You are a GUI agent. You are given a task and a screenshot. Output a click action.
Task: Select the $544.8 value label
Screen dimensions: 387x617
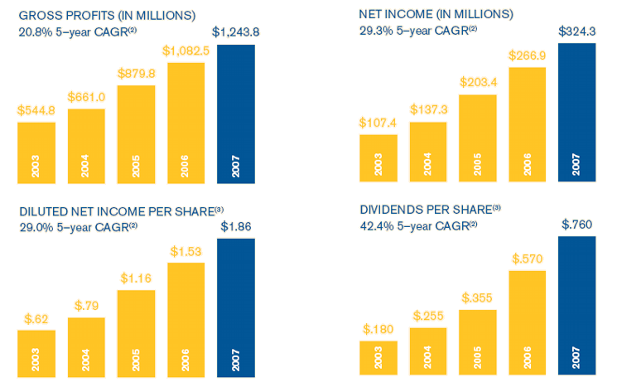pos(36,110)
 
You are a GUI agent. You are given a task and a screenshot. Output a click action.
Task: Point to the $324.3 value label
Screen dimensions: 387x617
pos(577,31)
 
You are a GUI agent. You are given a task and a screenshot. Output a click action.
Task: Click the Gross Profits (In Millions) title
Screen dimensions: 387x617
pos(107,15)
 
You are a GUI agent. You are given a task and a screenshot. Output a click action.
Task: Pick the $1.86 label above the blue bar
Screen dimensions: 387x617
pos(236,226)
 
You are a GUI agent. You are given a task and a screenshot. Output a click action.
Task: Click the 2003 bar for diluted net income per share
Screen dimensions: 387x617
pos(36,352)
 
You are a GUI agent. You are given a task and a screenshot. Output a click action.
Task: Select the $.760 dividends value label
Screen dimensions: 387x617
pos(577,225)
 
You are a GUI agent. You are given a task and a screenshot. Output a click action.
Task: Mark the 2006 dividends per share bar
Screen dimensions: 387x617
pos(528,324)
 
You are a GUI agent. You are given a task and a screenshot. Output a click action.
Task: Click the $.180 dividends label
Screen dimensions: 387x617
pos(378,329)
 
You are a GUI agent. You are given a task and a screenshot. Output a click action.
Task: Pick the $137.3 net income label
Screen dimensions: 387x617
pos(428,109)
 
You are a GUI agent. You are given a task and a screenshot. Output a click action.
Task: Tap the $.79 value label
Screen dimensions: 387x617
pos(86,305)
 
